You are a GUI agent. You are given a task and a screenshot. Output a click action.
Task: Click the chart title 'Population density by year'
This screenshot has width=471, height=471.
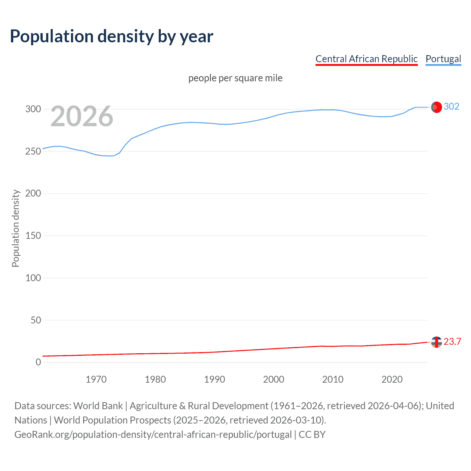point(111,36)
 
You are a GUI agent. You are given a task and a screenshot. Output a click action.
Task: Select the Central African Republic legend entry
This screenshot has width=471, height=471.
point(366,59)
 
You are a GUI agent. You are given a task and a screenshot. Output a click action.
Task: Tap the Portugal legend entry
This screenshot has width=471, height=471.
point(443,59)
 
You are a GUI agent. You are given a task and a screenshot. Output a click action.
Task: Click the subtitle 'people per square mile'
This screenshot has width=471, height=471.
point(235,78)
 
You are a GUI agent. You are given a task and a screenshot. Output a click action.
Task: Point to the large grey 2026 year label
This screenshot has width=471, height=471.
point(82,116)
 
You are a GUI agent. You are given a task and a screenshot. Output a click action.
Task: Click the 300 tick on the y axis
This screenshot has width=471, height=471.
point(33,109)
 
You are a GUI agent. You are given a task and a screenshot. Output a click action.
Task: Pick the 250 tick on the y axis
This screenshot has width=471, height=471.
point(33,151)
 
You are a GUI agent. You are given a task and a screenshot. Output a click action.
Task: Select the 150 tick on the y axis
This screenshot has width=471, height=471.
point(33,235)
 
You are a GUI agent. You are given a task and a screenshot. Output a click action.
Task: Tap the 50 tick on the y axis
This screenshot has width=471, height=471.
point(36,320)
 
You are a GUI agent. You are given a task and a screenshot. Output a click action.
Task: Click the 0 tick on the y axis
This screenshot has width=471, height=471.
point(38,362)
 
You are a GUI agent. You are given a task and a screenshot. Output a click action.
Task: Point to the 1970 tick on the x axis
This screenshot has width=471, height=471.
point(96,379)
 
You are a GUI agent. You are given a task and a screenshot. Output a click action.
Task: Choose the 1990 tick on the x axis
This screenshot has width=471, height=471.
point(215,379)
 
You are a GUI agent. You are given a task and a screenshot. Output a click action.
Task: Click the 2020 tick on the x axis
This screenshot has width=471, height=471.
point(392,379)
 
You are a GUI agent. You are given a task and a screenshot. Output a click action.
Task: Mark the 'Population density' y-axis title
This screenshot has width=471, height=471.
point(15,228)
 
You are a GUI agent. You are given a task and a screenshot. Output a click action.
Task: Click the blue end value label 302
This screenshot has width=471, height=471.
point(451,106)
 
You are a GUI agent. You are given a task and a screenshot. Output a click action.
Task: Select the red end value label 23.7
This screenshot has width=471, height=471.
point(452,341)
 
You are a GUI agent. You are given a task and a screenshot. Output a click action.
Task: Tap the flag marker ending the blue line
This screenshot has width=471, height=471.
point(436,107)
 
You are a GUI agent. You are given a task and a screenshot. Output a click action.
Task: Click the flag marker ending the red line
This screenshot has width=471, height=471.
point(436,342)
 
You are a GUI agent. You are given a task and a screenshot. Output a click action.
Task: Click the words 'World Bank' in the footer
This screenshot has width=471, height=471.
point(98,406)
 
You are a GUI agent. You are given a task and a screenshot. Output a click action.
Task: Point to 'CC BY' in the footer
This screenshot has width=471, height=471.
point(312,434)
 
